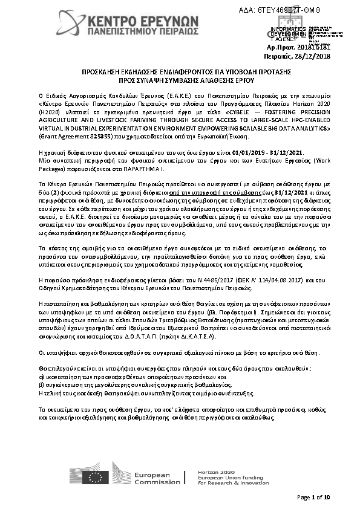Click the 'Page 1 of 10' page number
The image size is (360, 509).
click(x=313, y=497)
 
